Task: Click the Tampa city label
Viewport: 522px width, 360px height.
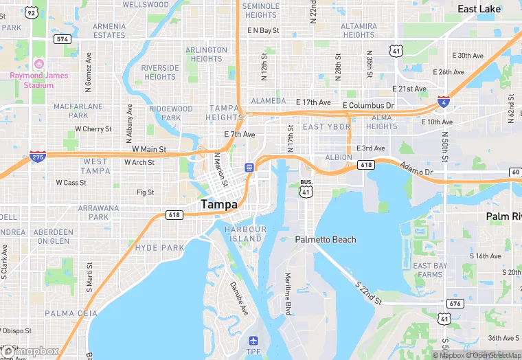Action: click(219, 205)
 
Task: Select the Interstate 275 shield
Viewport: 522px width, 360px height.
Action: click(38, 157)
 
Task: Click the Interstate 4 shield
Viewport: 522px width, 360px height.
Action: click(444, 102)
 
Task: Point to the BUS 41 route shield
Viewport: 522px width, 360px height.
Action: click(306, 189)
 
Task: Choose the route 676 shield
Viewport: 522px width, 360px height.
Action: click(454, 303)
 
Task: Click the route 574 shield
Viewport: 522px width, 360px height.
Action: click(63, 39)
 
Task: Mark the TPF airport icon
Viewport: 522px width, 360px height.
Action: click(253, 341)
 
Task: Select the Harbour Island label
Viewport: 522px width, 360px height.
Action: click(245, 234)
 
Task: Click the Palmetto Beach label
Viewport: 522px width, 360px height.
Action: click(326, 240)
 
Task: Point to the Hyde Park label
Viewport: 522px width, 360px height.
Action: click(160, 247)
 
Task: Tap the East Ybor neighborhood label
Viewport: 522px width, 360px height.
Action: click(326, 127)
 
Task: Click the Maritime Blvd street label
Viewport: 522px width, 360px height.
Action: click(288, 294)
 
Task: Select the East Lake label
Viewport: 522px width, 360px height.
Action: click(479, 9)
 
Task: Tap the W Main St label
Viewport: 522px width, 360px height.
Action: click(149, 149)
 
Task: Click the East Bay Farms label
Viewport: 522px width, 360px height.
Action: click(431, 270)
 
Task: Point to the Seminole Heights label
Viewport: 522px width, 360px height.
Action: click(260, 10)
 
